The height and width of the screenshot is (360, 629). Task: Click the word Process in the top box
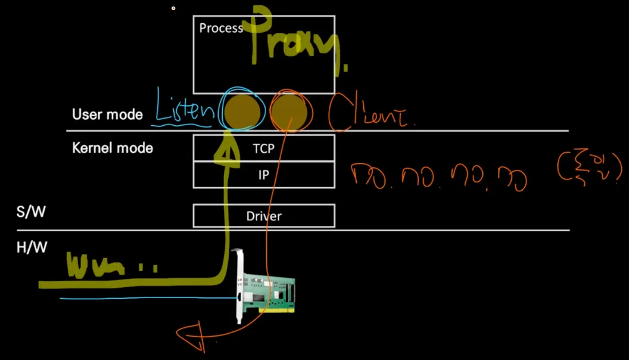(221, 28)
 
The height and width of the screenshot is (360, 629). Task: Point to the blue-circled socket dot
(242, 110)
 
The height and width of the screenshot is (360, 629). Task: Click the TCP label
(263, 148)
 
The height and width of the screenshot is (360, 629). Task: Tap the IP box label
(263, 175)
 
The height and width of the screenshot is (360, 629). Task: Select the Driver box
(264, 216)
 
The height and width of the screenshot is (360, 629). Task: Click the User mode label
(107, 114)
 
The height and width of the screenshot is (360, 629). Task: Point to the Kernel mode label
(113, 148)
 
